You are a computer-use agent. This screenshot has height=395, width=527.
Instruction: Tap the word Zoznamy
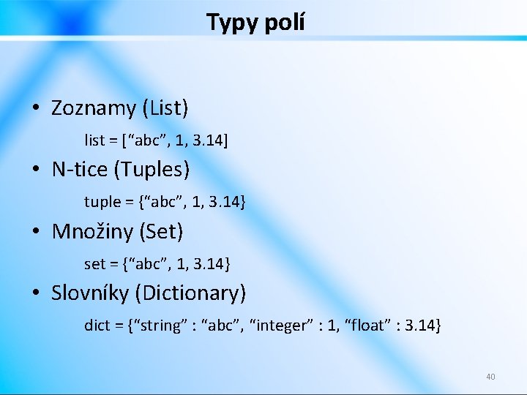tap(94, 108)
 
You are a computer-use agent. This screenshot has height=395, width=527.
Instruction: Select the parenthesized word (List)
tap(165, 108)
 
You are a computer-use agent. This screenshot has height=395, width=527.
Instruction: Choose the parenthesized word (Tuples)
tap(152, 170)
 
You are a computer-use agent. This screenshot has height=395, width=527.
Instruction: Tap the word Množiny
tap(86, 232)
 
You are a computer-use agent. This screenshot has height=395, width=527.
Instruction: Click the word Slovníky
tap(91, 293)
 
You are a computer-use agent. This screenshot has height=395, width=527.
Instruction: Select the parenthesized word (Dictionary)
tap(192, 293)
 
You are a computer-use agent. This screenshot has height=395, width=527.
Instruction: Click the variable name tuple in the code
tap(102, 202)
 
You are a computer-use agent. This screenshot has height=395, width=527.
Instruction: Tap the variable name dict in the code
tap(97, 325)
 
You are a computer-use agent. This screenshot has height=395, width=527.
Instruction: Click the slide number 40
tap(490, 377)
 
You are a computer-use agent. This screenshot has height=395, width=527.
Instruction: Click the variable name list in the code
tap(94, 140)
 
